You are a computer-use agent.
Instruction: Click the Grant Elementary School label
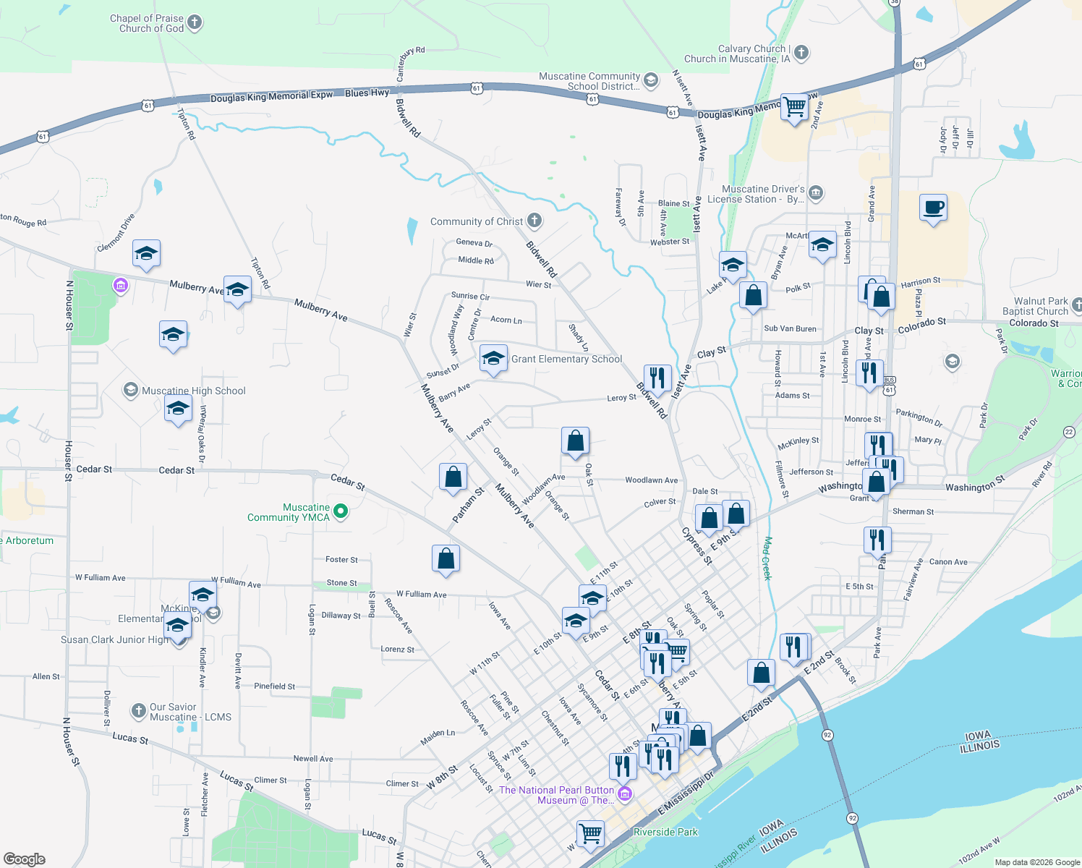point(566,359)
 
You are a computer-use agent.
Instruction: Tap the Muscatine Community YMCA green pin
point(341,511)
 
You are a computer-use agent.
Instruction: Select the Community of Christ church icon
point(534,221)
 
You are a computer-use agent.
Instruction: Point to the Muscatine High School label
point(194,391)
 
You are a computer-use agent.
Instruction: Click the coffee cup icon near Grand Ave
point(933,208)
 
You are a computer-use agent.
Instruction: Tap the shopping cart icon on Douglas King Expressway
point(794,107)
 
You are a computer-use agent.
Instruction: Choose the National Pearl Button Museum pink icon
point(625,794)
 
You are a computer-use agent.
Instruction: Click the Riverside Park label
point(665,832)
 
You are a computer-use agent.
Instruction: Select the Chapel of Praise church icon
point(195,22)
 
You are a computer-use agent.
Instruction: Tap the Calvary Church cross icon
point(801,52)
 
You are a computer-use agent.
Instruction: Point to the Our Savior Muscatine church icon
point(139,711)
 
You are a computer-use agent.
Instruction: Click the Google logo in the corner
point(25,859)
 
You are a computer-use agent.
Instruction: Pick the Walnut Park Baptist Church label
point(1040,306)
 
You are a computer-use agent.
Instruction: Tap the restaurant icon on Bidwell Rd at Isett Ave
point(657,378)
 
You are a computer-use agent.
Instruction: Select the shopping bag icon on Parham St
point(453,477)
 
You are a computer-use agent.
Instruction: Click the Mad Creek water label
point(767,558)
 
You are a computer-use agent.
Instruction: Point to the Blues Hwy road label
point(367,93)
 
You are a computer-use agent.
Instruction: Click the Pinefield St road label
point(274,686)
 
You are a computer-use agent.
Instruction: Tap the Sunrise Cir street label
point(470,296)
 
